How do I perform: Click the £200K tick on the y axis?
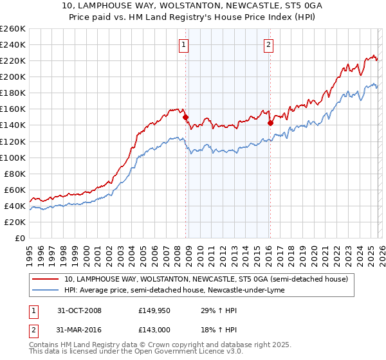(13, 76)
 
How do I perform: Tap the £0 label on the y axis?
(19, 238)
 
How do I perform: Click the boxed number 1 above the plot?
(184, 45)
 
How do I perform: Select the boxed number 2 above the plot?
(268, 45)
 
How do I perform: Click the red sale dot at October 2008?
(185, 118)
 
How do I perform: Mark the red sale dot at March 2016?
(270, 123)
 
